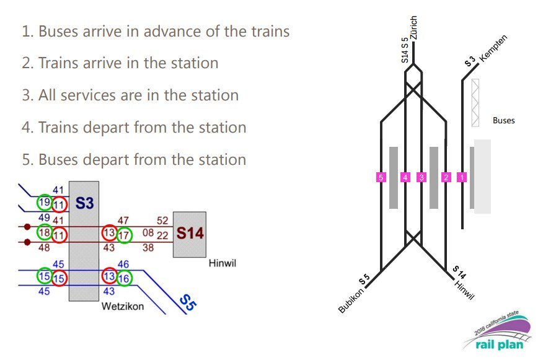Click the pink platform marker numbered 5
[381, 177]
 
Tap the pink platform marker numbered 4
[405, 177]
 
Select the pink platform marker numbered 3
[421, 177]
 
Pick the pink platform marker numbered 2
[446, 177]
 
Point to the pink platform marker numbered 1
[461, 177]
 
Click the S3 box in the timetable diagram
[84, 203]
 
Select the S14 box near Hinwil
[189, 234]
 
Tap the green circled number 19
[44, 203]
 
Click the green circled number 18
[44, 233]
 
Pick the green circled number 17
[124, 234]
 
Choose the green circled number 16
[124, 278]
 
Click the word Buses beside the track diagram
[503, 120]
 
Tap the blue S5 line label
[188, 302]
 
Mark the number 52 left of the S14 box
[162, 221]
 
